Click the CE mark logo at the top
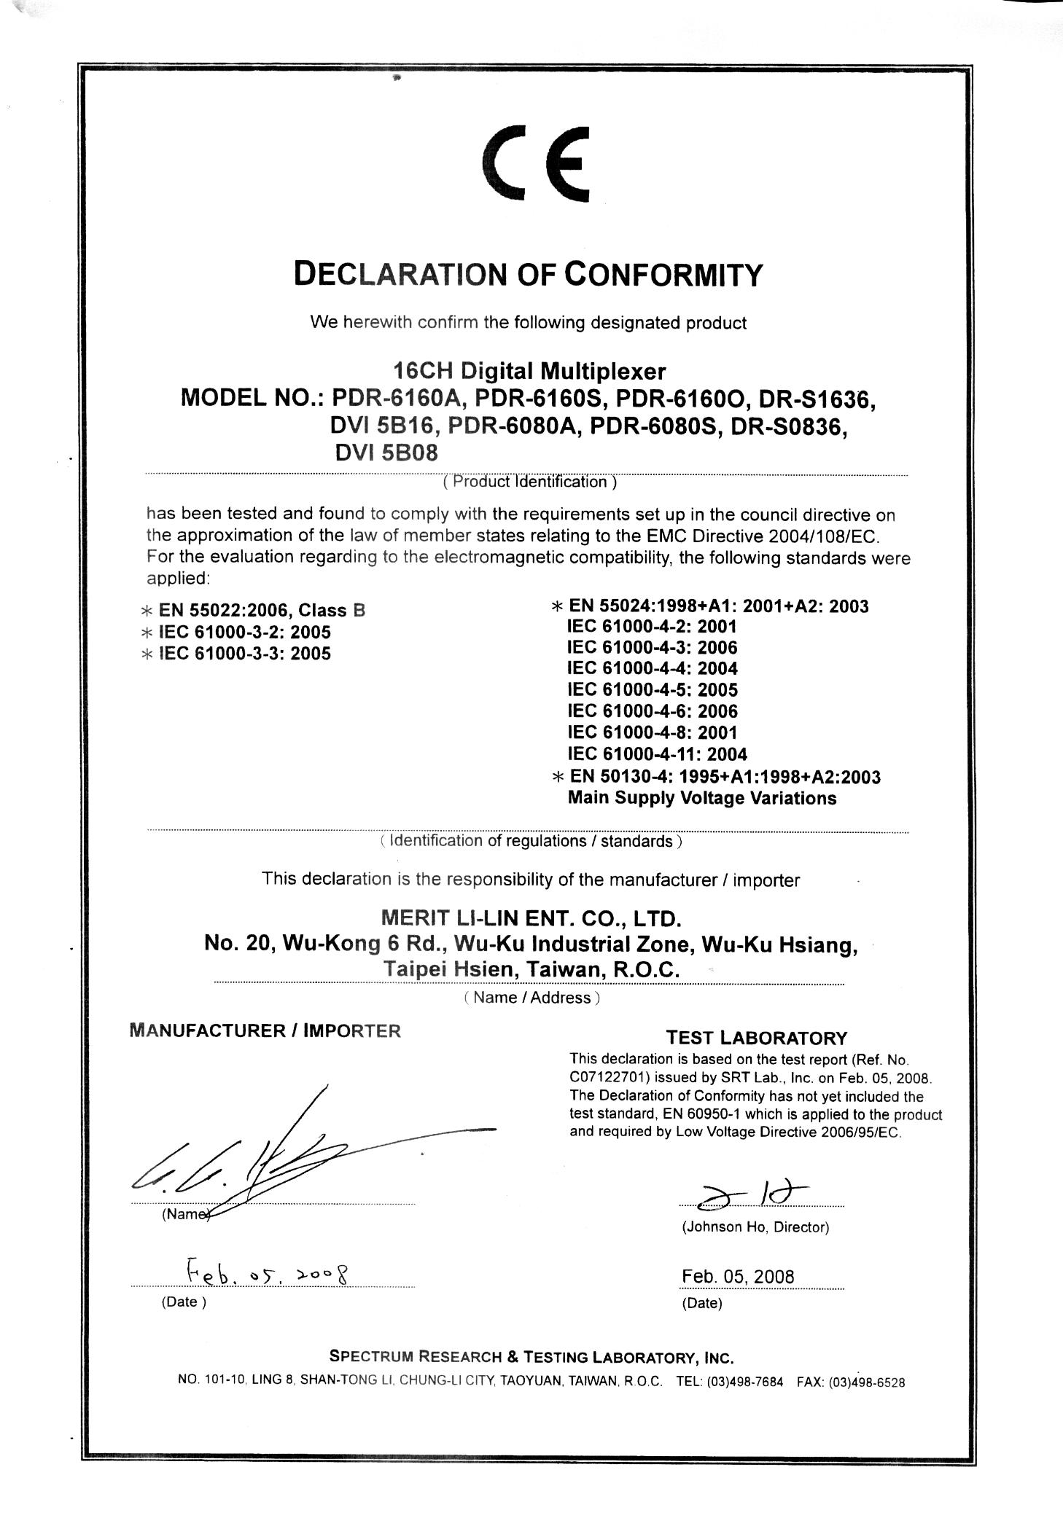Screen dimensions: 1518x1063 (536, 164)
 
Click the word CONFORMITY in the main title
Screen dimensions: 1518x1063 (664, 275)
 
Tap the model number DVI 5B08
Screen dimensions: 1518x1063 (386, 453)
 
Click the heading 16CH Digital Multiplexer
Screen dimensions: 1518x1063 (529, 372)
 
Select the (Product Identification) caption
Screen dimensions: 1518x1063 (530, 482)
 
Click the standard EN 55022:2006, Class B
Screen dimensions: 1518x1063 (261, 611)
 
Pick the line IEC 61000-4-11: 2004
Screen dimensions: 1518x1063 (657, 754)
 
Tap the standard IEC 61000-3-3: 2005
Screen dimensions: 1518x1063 (244, 654)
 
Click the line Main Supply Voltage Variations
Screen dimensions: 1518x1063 (701, 798)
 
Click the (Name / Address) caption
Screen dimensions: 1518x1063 (531, 998)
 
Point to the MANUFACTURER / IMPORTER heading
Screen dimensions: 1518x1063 (265, 1030)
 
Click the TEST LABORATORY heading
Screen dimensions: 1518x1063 (757, 1038)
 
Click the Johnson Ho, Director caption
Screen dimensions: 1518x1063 (755, 1227)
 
